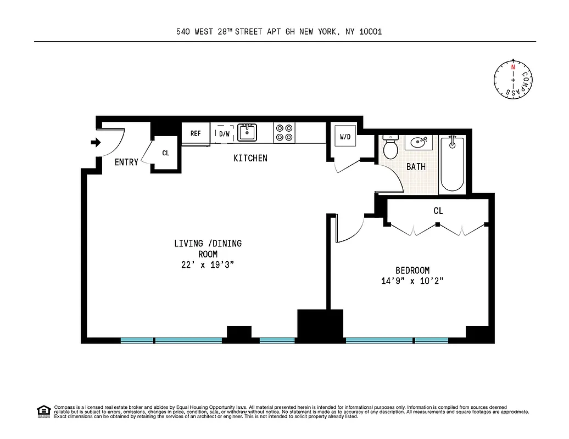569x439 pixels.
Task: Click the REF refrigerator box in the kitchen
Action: point(196,133)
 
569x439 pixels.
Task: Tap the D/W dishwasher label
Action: point(225,134)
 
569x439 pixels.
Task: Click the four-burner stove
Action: point(284,133)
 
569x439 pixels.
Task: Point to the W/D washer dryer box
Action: point(345,137)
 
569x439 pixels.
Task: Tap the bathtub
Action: point(452,164)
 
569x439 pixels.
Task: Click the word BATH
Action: point(416,167)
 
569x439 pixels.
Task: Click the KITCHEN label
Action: point(250,158)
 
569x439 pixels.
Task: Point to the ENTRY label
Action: point(126,162)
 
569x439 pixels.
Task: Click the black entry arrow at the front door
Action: point(96,143)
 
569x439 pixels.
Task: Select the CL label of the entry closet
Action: point(165,153)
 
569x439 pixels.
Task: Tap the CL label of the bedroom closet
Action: point(438,211)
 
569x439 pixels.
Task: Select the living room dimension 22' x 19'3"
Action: point(208,265)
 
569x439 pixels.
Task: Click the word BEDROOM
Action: point(412,270)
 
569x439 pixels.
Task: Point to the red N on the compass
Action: point(513,66)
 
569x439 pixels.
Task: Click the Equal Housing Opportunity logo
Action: point(43,411)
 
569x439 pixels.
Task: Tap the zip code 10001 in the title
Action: point(370,32)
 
